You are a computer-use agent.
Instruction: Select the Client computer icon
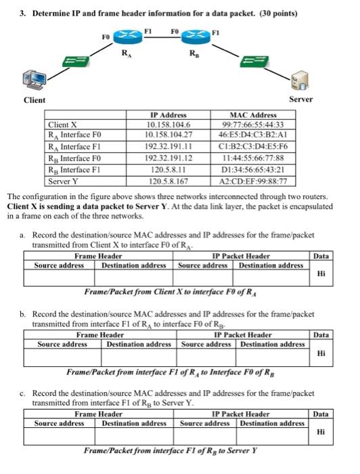point(34,81)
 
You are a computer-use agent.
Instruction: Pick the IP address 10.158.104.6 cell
point(168,125)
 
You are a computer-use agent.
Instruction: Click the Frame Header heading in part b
point(99,335)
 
